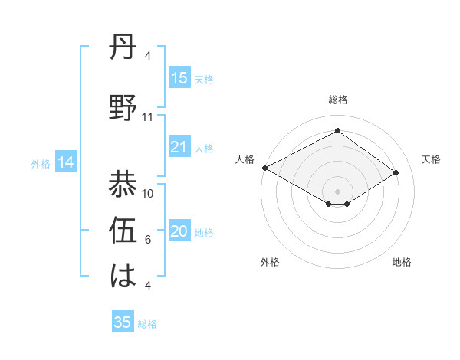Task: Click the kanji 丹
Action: pyautogui.click(x=123, y=49)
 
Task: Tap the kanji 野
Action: pyautogui.click(x=123, y=108)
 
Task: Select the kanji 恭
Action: pyautogui.click(x=123, y=184)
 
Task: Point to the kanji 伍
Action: pyautogui.click(x=123, y=231)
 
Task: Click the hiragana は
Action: pyautogui.click(x=123, y=275)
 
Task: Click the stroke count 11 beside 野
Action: pyautogui.click(x=148, y=117)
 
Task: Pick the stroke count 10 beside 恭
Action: pyautogui.click(x=149, y=193)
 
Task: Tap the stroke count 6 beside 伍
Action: pyautogui.click(x=148, y=240)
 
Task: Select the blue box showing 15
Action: pyautogui.click(x=179, y=78)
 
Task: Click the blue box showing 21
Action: pyautogui.click(x=179, y=147)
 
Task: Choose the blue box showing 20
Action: pyautogui.click(x=179, y=232)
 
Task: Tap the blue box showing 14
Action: pyautogui.click(x=66, y=162)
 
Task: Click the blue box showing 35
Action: pyautogui.click(x=123, y=322)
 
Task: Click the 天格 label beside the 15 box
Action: pyautogui.click(x=204, y=79)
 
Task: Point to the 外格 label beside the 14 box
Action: pyautogui.click(x=41, y=163)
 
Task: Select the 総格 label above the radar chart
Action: pyautogui.click(x=337, y=100)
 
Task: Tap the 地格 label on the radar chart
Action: pyautogui.click(x=402, y=262)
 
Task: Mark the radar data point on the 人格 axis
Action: pyautogui.click(x=264, y=168)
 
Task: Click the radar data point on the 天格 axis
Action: pyautogui.click(x=396, y=172)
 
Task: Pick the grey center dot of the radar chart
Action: pyautogui.click(x=337, y=190)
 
